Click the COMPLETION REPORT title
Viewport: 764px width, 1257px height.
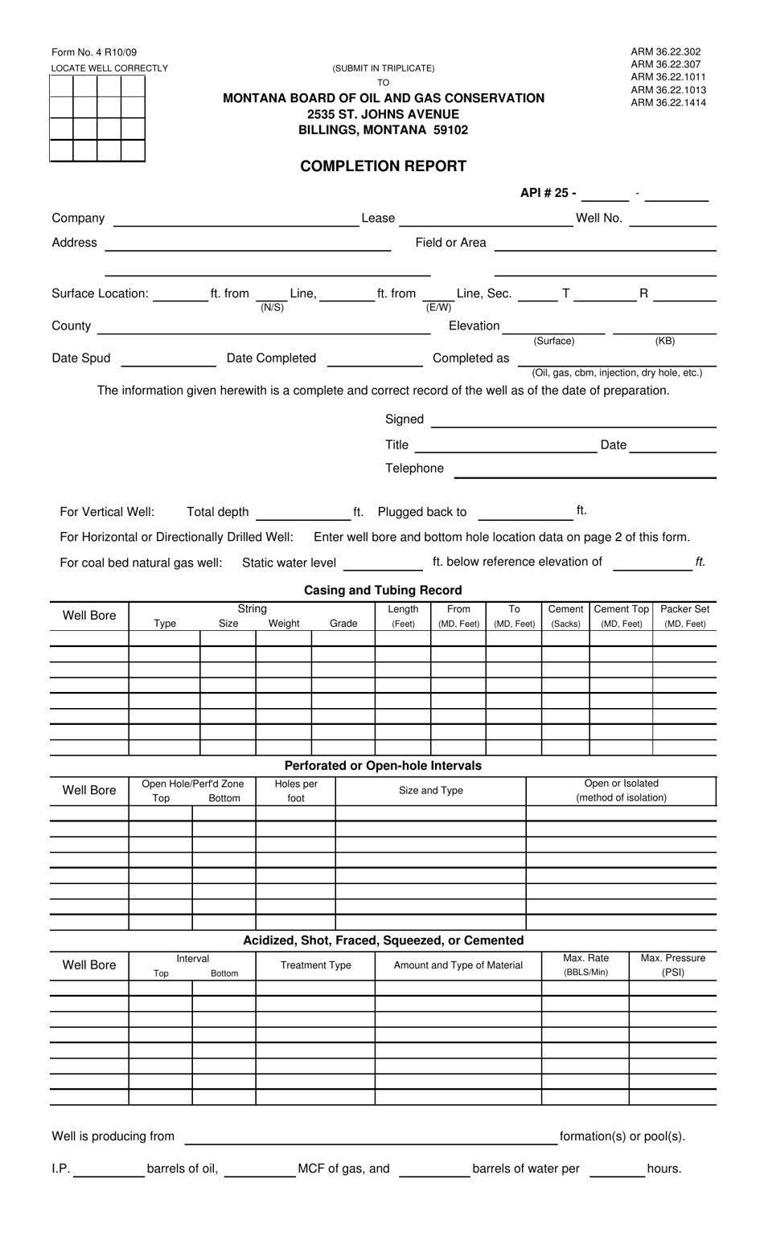coord(383,166)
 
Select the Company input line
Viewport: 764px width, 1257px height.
coord(236,219)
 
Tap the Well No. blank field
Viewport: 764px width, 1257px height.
coord(672,219)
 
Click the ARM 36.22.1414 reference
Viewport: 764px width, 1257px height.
coord(668,103)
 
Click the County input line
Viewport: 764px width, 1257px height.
coord(264,326)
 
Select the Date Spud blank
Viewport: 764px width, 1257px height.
coord(168,359)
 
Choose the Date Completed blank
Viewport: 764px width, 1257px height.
coord(375,359)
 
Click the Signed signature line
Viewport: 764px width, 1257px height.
coord(573,420)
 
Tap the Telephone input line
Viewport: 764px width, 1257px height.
coord(585,470)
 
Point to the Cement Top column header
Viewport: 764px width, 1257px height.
coord(621,616)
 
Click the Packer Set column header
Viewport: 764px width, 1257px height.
coord(684,616)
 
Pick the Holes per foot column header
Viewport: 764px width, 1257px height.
coord(296,791)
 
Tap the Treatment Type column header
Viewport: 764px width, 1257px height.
coord(315,965)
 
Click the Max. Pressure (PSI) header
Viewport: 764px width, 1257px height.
coord(672,965)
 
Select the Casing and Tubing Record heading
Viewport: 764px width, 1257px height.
coord(383,590)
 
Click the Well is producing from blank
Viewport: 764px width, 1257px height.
coord(371,1137)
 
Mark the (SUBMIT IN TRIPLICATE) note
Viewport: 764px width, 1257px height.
coord(383,68)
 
